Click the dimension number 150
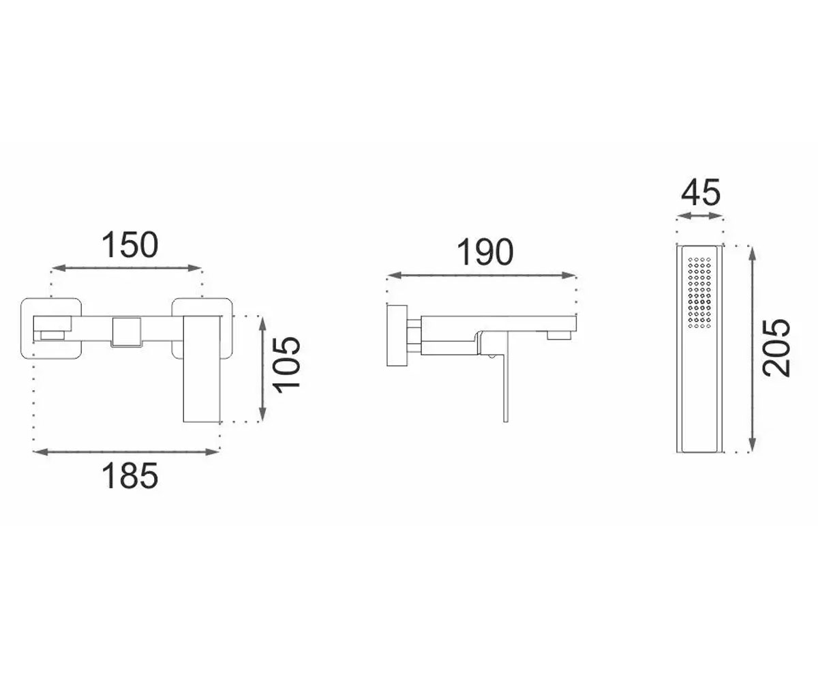pyautogui.click(x=130, y=245)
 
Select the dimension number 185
pyautogui.click(x=130, y=475)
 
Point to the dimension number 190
pyautogui.click(x=485, y=252)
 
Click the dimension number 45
pyautogui.click(x=701, y=192)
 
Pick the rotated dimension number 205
pyautogui.click(x=777, y=348)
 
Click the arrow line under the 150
pyautogui.click(x=127, y=268)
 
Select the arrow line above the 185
pyautogui.click(x=125, y=452)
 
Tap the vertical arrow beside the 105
pyautogui.click(x=263, y=369)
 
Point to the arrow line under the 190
pyautogui.click(x=481, y=275)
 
